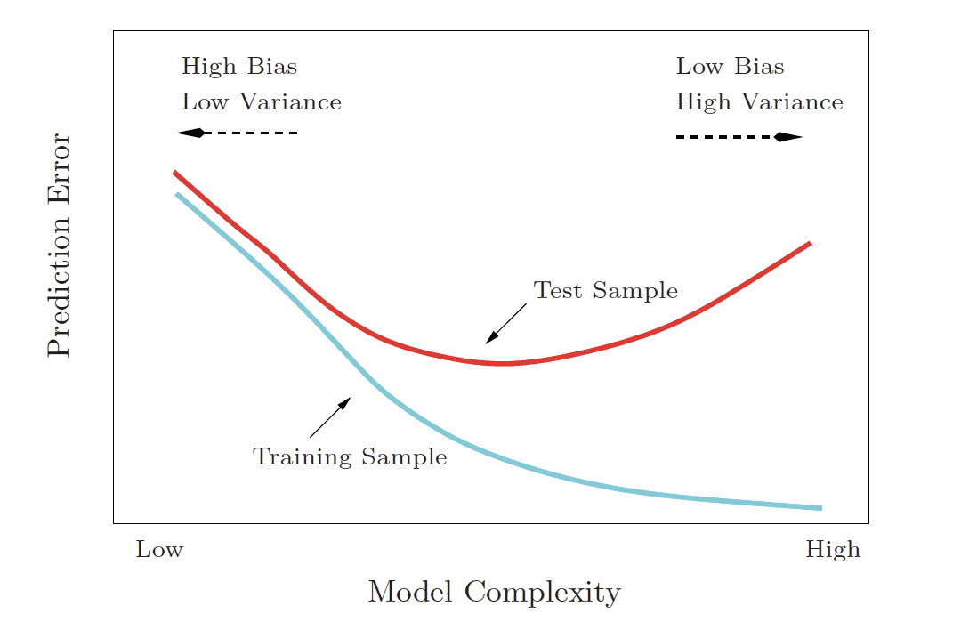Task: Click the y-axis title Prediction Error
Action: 59,245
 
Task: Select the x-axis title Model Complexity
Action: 494,593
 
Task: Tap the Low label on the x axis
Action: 159,550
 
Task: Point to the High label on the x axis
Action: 833,550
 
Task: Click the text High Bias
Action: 239,67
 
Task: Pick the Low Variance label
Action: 261,102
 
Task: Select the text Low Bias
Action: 730,67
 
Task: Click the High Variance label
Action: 759,102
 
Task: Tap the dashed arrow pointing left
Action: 237,133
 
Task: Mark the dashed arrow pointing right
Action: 739,137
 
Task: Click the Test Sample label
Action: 605,291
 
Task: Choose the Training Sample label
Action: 350,457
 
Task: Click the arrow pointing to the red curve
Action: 505,323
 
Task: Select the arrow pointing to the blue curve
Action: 330,417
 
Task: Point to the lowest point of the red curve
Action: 504,363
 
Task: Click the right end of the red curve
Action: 809,243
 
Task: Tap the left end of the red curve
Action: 174,172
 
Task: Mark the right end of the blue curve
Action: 820,508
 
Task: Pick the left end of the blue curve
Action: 177,193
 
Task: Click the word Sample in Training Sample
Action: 405,457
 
